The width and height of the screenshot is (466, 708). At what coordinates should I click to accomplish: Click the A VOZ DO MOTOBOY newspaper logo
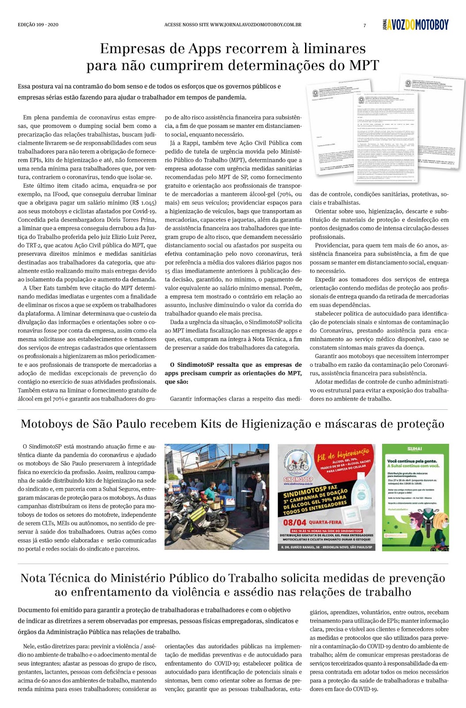coord(416,25)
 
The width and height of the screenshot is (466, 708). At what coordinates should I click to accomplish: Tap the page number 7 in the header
coord(365,25)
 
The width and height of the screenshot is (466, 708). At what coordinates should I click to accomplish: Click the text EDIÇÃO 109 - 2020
coord(38,25)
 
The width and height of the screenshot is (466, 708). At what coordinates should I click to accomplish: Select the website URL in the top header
coord(233,25)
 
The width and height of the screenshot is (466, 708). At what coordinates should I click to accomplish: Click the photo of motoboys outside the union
coord(217,496)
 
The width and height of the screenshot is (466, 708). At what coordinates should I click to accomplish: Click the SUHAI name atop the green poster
coord(415,449)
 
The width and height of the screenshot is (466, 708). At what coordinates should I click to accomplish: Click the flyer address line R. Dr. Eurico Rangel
coord(326,547)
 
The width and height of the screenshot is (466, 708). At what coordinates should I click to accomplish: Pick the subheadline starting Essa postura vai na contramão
coord(149,92)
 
